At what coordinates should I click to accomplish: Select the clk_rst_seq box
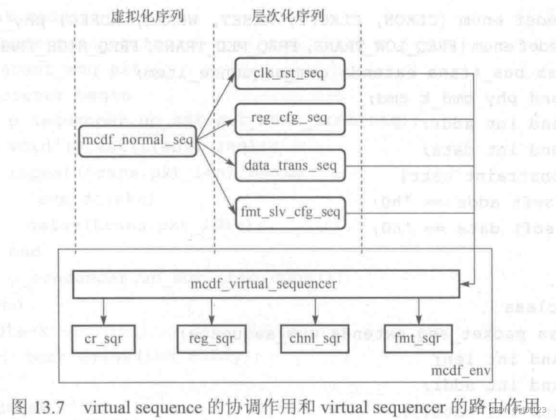(290, 72)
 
